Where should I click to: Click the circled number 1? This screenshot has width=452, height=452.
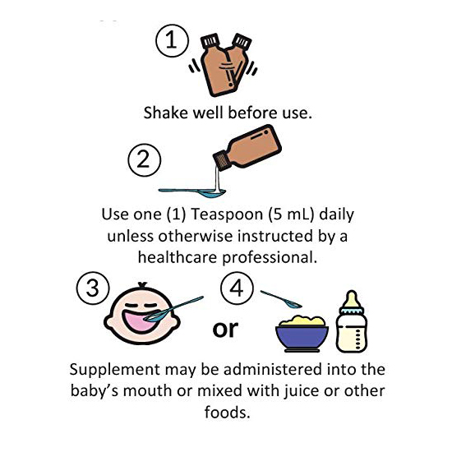point(172,40)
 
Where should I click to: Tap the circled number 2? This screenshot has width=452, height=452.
point(145,160)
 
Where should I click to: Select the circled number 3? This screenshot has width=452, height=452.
point(93,288)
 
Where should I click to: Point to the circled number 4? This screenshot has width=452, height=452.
point(237,288)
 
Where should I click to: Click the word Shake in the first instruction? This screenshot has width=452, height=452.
point(166,113)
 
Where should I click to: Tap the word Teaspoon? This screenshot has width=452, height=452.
point(227,214)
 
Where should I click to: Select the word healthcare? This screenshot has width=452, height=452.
point(178,257)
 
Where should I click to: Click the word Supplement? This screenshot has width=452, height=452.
point(115,370)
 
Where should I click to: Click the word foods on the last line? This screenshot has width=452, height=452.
point(227,412)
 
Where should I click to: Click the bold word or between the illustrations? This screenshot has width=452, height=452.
point(225,330)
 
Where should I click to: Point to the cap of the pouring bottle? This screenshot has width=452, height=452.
point(222,160)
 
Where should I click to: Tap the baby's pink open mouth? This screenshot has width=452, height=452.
point(138,321)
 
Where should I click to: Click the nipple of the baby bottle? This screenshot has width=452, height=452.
point(352,299)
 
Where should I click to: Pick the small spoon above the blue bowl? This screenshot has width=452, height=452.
point(281,299)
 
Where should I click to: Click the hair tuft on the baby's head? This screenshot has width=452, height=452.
point(143,284)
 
